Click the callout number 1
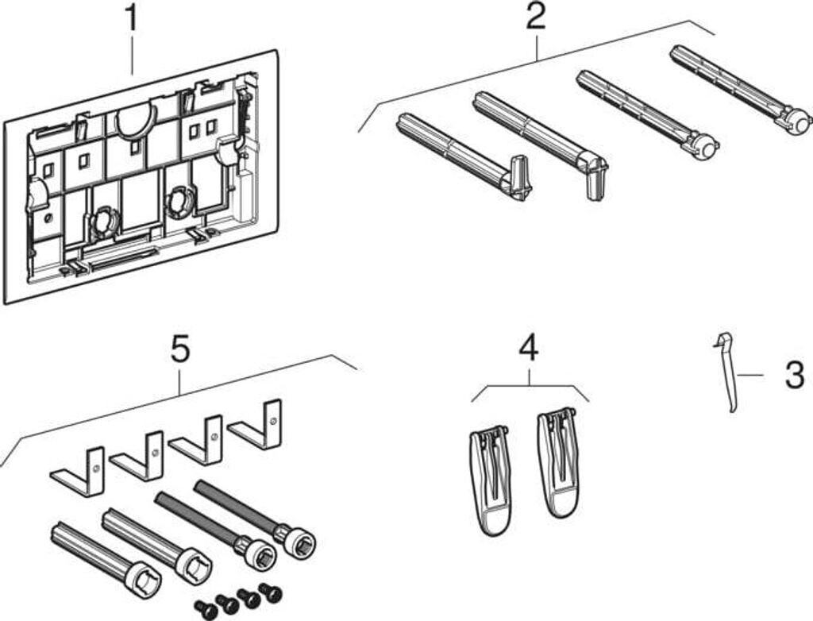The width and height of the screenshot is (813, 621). click(130, 17)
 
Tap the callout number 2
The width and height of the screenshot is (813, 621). click(536, 17)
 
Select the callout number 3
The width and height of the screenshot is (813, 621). click(794, 375)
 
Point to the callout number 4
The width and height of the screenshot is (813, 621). click(528, 349)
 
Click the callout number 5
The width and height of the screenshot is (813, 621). click(180, 349)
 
